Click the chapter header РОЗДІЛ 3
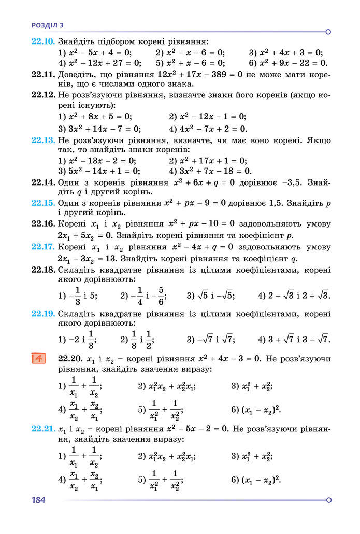pyautogui.click(x=47, y=24)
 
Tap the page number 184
pyautogui.click(x=39, y=500)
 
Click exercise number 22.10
pyautogui.click(x=43, y=41)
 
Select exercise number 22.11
pyautogui.click(x=43, y=74)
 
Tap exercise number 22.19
pyautogui.click(x=43, y=314)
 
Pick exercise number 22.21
pyautogui.click(x=43, y=429)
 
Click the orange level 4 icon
pyautogui.click(x=39, y=358)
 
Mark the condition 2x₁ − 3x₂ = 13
pyautogui.click(x=87, y=259)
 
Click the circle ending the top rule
pyautogui.click(x=328, y=32)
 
